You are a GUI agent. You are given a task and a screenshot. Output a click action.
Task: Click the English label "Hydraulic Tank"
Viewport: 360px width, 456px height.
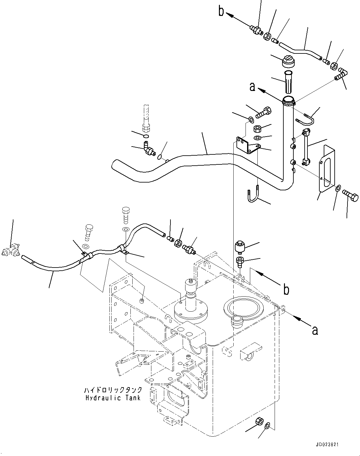(x=113, y=398)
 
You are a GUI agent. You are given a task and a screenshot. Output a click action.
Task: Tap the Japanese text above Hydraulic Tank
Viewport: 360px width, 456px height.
(x=113, y=390)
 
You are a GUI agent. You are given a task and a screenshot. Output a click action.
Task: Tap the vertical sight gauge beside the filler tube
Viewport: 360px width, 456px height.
(x=306, y=147)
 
